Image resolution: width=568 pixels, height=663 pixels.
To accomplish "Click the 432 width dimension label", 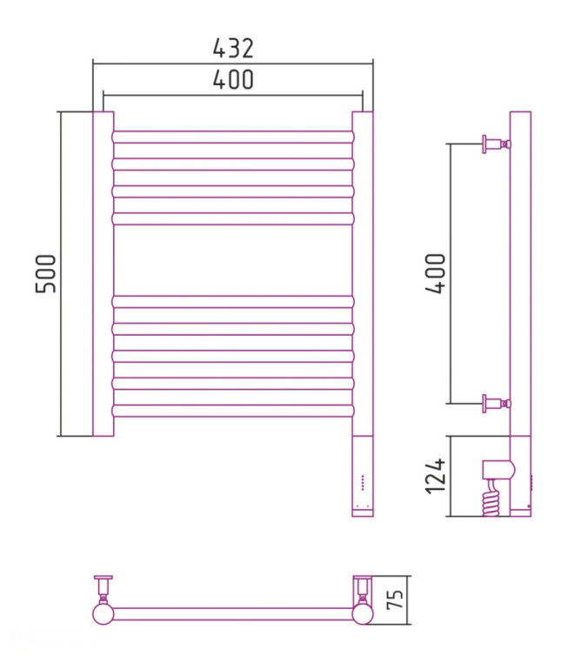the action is pos(233,48).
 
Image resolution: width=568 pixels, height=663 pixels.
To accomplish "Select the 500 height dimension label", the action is pos(45,273).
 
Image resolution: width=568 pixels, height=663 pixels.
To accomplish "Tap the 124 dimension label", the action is pos(436,476).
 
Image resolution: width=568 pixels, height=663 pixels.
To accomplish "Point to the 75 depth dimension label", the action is pos(395,599).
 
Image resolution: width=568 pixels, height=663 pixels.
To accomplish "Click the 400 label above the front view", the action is pos(233,79).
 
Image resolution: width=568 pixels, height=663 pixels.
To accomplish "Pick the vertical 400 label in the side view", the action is pos(436,273).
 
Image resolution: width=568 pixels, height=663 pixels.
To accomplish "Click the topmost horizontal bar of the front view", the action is pos(233,137).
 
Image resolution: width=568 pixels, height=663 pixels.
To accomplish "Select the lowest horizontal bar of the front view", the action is pos(233,411).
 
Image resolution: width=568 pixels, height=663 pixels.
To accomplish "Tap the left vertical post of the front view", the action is pos(104,273).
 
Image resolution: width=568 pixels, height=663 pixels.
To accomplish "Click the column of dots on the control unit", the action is pos(363,483).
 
